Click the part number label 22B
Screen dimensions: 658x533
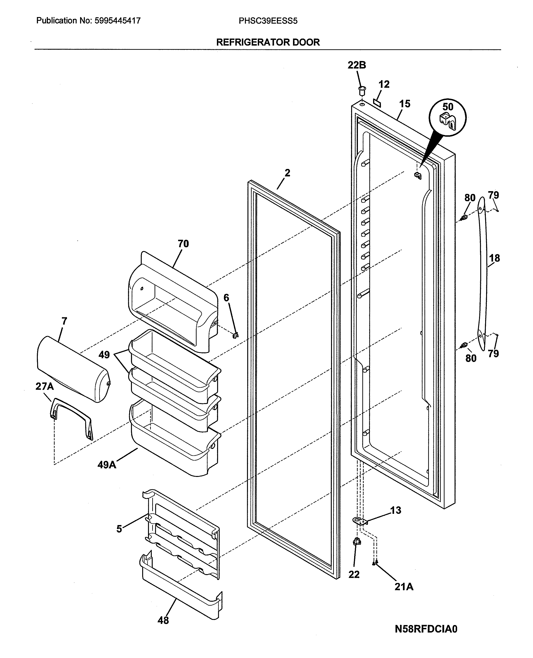pos(357,65)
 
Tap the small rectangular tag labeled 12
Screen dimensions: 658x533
pos(377,103)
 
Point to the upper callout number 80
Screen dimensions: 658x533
pos(470,198)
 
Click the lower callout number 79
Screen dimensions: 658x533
pos(493,354)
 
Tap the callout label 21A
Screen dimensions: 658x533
pos(404,587)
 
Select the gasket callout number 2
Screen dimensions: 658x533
pos(287,173)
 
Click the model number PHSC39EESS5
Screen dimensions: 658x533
pos(268,21)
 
